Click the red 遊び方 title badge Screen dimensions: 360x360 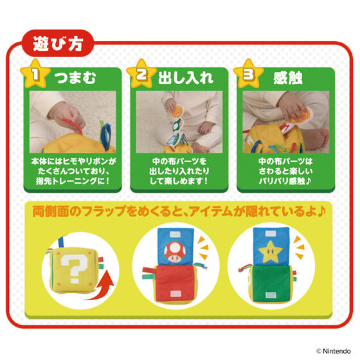58,44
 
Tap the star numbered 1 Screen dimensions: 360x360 35,74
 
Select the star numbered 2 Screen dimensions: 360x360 141,74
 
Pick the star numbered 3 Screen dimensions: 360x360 249,74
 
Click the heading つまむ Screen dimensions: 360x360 75,78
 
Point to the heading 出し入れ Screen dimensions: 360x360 186,78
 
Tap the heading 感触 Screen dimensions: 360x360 288,78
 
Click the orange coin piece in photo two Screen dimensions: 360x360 177,112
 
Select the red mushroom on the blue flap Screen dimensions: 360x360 175,251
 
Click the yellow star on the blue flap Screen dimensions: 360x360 270,251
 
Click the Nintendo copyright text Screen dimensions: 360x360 334,351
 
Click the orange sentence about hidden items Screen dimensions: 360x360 179,211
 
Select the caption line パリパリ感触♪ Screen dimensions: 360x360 285,181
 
